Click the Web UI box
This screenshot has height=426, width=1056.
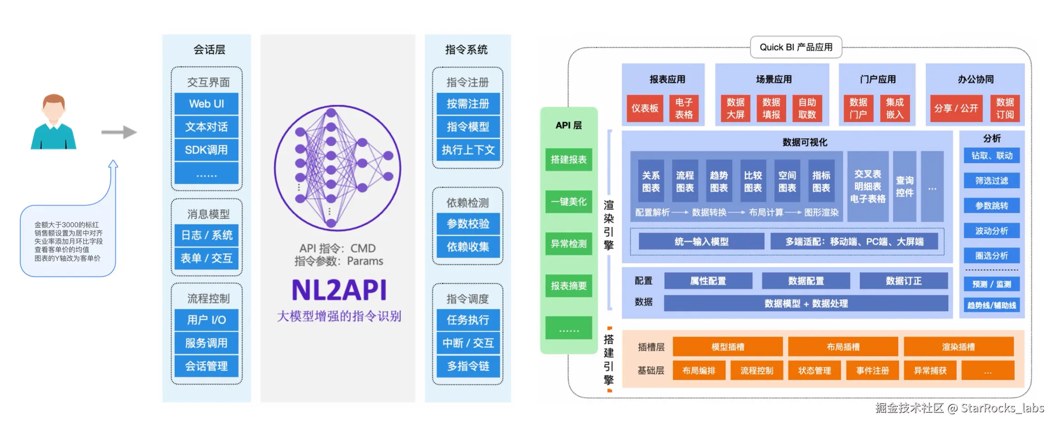click(206, 104)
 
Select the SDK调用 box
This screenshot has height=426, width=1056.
click(206, 150)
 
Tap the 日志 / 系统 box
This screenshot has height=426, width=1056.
click(206, 235)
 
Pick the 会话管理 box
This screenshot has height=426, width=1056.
click(206, 366)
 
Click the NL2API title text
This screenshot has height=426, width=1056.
click(339, 290)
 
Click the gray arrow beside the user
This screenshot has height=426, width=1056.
click(119, 132)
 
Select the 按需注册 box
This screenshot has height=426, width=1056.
click(468, 104)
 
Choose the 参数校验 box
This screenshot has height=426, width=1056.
click(468, 224)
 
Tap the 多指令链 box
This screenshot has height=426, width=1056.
click(468, 366)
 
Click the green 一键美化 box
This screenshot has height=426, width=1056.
click(568, 202)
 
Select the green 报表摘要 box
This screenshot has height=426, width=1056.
click(568, 286)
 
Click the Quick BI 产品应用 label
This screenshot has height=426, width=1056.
click(796, 47)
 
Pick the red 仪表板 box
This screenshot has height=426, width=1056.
click(645, 108)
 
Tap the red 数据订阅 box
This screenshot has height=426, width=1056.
click(1005, 108)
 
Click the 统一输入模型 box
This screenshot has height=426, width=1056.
click(701, 241)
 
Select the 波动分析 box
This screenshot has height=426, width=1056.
click(992, 230)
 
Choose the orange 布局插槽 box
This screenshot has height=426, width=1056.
click(843, 347)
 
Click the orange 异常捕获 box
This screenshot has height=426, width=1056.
click(930, 370)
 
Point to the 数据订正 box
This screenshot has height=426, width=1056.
click(903, 281)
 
